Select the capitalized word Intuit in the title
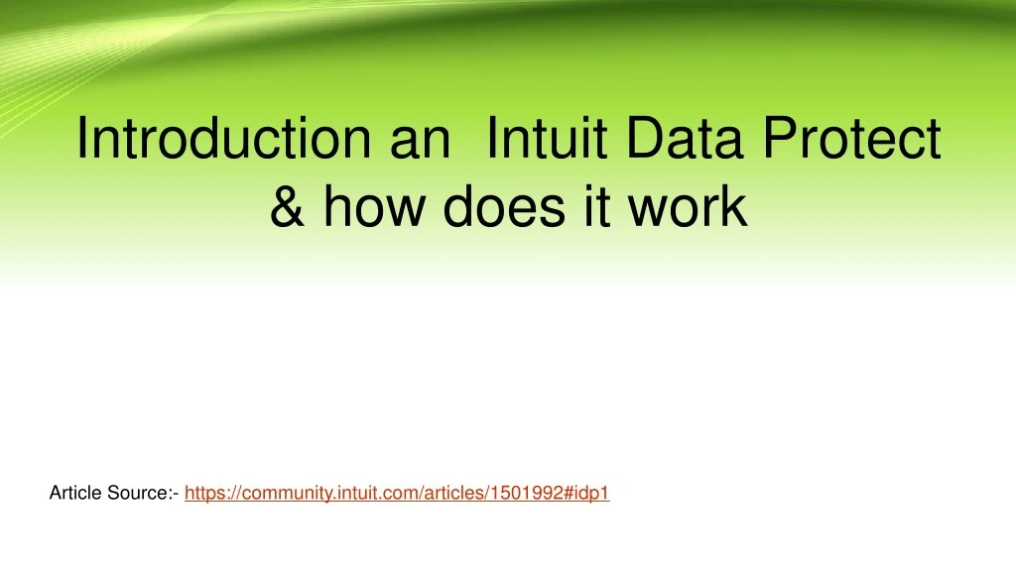[546, 139]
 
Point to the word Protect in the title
[852, 139]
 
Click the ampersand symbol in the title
[287, 207]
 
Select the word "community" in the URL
[282, 493]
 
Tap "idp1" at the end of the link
[590, 493]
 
